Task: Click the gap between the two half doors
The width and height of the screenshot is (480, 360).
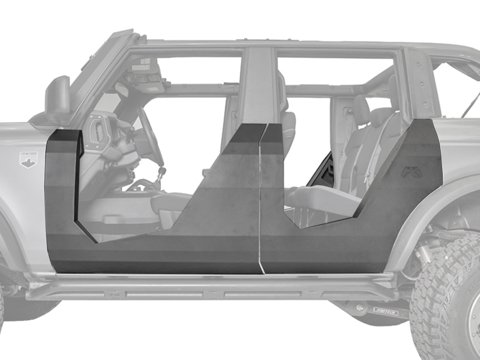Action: [x=260, y=210]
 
